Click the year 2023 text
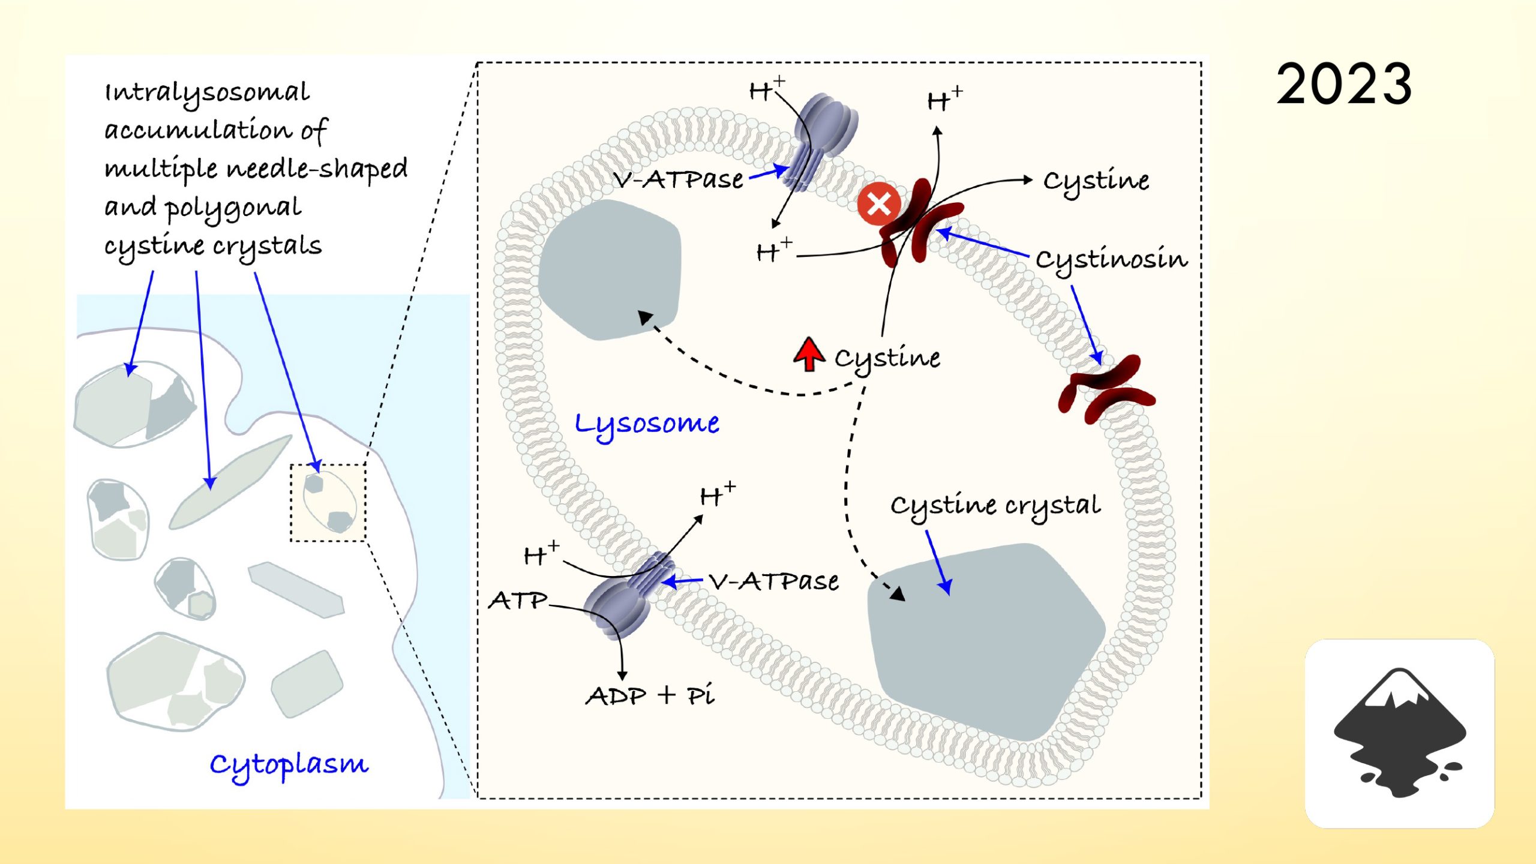click(1344, 85)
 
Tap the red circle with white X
click(878, 204)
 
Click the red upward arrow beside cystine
click(809, 354)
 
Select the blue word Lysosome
click(647, 424)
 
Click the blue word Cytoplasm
click(289, 765)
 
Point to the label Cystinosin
click(1111, 259)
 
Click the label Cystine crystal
click(995, 505)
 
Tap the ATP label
click(518, 600)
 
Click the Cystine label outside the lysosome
click(1096, 180)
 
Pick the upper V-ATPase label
click(678, 179)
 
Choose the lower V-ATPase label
click(774, 581)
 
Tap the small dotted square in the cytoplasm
click(328, 503)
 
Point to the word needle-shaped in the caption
click(317, 169)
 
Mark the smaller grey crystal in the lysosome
click(609, 270)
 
